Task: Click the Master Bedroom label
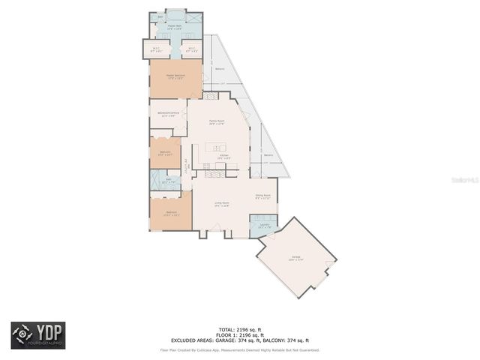click(x=175, y=76)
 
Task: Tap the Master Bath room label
click(x=175, y=27)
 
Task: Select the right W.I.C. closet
click(x=193, y=49)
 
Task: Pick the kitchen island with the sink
click(x=217, y=146)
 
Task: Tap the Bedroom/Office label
click(x=167, y=115)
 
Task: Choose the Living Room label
click(x=222, y=204)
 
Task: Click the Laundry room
click(x=264, y=226)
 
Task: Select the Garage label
click(x=296, y=259)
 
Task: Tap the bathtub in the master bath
click(x=175, y=15)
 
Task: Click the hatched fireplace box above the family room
click(x=210, y=96)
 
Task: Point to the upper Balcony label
click(x=220, y=69)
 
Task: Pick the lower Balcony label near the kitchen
click(x=268, y=155)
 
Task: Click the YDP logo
click(x=37, y=335)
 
